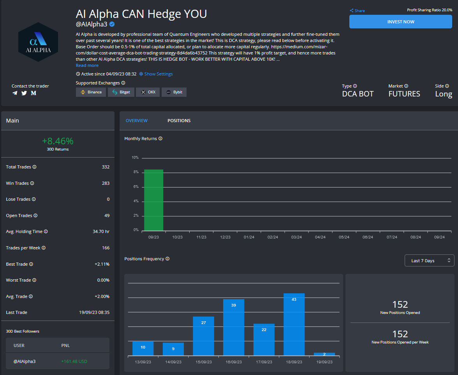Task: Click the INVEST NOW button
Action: click(x=401, y=22)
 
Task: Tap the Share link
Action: click(x=357, y=11)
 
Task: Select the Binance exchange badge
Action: click(x=91, y=92)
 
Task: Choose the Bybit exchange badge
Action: click(x=174, y=92)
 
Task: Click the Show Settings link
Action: click(x=156, y=74)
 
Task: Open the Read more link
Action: click(x=87, y=65)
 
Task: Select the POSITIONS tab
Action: click(x=179, y=121)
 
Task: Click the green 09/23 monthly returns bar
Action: click(x=153, y=200)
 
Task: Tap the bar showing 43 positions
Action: click(x=294, y=324)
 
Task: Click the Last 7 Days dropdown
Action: click(x=429, y=261)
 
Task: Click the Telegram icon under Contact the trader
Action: click(x=15, y=93)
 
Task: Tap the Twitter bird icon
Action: click(x=24, y=93)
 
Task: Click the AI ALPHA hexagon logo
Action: click(x=38, y=42)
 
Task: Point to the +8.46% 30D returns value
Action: click(x=58, y=141)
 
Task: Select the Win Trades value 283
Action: click(x=105, y=183)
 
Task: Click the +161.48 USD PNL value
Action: click(x=74, y=361)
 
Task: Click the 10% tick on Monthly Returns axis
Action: click(x=135, y=158)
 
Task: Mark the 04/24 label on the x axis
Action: click(x=320, y=237)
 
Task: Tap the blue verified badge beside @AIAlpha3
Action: click(x=112, y=24)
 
